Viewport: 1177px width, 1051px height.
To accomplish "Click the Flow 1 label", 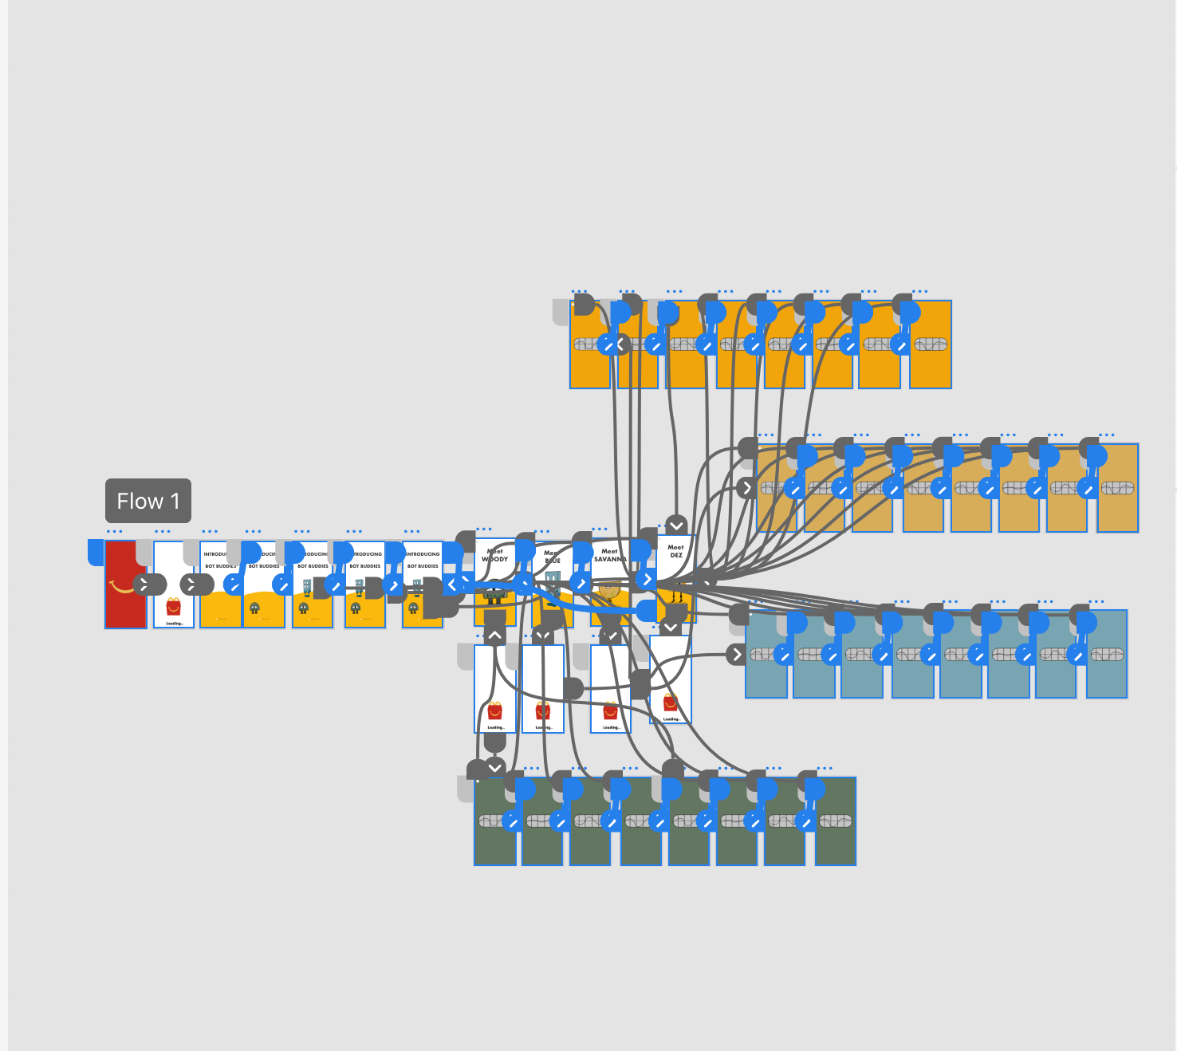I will [148, 501].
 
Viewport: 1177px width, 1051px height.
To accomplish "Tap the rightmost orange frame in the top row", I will [931, 367].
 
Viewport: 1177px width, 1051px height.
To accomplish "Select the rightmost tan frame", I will [1118, 510].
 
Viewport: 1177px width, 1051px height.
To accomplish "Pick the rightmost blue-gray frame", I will [1108, 678].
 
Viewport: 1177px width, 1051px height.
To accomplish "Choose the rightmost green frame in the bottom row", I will [836, 845].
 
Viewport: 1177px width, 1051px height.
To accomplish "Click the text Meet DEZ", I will [675, 551].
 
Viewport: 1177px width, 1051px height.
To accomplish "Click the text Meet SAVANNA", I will [610, 555].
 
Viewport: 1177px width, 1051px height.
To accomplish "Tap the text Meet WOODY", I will [494, 555].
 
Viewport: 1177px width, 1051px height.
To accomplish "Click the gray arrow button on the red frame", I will [144, 585].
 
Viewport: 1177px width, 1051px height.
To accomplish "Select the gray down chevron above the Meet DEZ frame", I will [676, 525].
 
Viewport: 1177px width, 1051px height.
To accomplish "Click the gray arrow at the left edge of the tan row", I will [746, 487].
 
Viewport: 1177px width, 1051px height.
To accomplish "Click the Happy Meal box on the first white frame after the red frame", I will [174, 607].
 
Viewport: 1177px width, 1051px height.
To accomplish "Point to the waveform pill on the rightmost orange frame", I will [931, 344].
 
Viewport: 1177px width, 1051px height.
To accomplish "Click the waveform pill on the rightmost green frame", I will [836, 821].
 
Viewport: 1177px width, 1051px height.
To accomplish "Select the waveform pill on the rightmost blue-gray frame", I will [1108, 655].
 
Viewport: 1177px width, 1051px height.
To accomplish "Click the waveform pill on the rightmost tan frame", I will [1118, 487].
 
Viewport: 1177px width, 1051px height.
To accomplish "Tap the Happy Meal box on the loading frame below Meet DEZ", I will [671, 703].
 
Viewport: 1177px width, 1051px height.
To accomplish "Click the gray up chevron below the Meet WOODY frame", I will [494, 636].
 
